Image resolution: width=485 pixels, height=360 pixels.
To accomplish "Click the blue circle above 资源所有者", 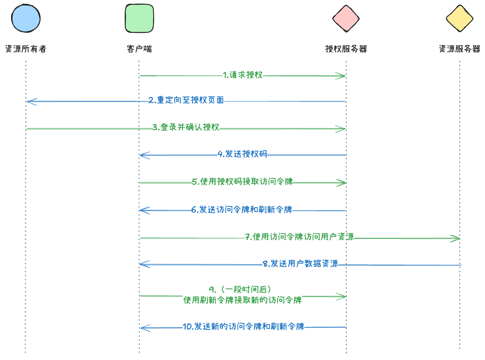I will [x=26, y=19].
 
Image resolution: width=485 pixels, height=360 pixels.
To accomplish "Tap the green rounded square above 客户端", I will [x=139, y=19].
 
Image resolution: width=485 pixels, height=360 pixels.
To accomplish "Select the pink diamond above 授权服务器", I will [x=346, y=19].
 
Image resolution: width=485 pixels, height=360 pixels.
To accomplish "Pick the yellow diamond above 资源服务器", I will [x=459, y=19].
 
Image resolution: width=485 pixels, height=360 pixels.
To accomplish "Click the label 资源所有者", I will [x=26, y=49].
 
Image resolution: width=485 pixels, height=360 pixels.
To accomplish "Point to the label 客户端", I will [x=139, y=49].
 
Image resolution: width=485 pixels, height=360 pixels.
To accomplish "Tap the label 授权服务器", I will [x=346, y=49].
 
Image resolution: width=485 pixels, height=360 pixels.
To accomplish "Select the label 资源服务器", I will [x=459, y=49].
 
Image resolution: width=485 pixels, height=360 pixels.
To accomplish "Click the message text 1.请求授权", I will [x=243, y=75].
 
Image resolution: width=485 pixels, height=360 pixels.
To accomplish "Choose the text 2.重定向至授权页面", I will [x=186, y=101].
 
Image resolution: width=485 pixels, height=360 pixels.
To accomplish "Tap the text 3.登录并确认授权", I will [x=186, y=127].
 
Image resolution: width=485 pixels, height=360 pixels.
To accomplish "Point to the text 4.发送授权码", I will [x=242, y=154].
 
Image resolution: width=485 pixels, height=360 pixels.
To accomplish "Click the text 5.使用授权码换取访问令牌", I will [x=242, y=182].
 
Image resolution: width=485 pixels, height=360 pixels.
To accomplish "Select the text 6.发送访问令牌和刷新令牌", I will [x=241, y=210].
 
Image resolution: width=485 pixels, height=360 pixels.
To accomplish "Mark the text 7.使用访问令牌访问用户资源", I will [x=300, y=237].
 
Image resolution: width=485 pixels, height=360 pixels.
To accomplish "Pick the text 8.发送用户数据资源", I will [x=300, y=264].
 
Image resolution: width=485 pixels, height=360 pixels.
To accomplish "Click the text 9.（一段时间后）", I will [x=243, y=290].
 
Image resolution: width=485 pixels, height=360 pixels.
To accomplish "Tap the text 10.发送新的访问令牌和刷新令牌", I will [x=244, y=327].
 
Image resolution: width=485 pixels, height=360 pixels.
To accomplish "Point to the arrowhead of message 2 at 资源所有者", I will [x=30, y=102].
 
